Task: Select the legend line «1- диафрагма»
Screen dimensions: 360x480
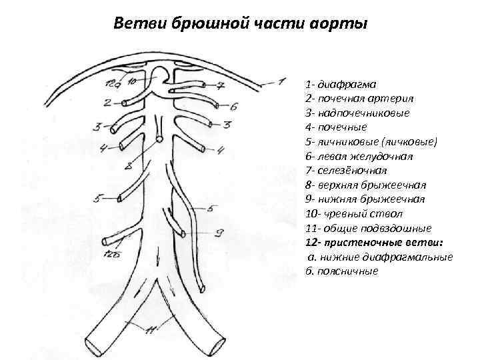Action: (x=341, y=85)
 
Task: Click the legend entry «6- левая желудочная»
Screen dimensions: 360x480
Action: (x=359, y=156)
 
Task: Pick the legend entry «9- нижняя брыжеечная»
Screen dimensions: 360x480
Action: (x=365, y=199)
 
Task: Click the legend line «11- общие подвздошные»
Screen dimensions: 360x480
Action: (x=368, y=227)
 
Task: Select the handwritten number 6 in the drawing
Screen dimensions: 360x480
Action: (x=234, y=106)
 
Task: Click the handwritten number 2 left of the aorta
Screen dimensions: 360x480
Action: (x=107, y=102)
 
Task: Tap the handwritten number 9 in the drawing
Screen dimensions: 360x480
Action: (x=218, y=233)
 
